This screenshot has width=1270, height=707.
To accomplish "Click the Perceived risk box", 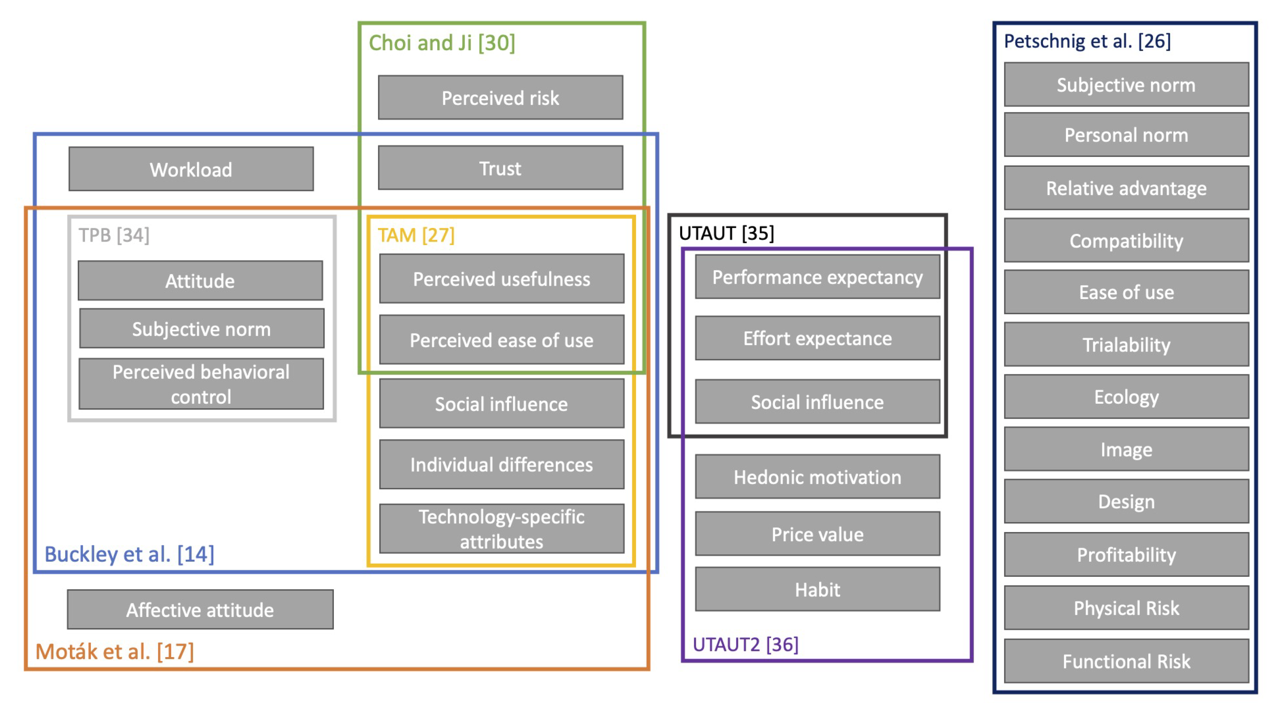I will [x=500, y=97].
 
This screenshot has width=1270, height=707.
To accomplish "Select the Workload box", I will [x=191, y=169].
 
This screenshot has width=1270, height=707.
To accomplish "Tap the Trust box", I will [x=500, y=168].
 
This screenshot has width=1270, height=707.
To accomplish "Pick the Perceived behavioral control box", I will [x=201, y=384].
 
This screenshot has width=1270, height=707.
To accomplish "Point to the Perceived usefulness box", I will [x=501, y=279].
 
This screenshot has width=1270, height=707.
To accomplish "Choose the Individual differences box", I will [x=501, y=464].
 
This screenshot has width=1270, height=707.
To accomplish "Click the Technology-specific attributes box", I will [x=501, y=528].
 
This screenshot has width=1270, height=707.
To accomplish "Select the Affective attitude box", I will [x=200, y=610].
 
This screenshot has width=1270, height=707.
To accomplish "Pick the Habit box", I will [x=818, y=589].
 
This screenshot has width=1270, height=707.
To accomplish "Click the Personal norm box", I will [x=1126, y=134].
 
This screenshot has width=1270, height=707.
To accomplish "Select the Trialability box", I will [x=1126, y=345].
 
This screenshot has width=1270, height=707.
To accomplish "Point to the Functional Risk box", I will [x=1126, y=661].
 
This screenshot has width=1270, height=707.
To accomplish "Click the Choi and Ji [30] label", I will [x=442, y=43].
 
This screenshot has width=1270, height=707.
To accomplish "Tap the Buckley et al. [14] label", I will [x=129, y=554].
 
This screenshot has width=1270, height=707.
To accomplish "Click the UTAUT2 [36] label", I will [x=745, y=644].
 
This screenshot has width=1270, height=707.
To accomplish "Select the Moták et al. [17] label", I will [x=114, y=651].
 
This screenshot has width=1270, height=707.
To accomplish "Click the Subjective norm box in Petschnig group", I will [x=1126, y=85].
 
